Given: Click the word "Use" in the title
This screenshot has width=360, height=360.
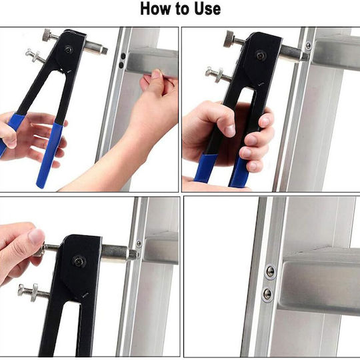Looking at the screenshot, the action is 207,9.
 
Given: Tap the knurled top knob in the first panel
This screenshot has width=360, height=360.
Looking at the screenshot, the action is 48,35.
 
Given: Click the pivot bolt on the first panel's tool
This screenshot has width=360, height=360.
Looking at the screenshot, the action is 69,49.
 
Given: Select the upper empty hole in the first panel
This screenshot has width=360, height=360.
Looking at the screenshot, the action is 123,56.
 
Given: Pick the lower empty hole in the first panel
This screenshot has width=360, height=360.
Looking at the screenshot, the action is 121,65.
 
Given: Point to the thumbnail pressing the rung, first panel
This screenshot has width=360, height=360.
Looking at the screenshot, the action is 157,74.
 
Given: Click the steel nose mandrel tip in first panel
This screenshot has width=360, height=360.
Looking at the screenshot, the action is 105,51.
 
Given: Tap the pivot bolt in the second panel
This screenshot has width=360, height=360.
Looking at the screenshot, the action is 260,55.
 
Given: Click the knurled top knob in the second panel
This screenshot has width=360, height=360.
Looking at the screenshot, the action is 229,39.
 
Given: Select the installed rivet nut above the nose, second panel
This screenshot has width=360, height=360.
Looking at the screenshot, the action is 309,45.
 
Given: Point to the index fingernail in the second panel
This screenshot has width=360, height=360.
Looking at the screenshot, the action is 230,131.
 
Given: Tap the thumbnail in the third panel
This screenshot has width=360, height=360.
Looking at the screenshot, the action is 36,236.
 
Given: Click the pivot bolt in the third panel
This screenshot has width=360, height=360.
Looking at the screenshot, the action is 79,261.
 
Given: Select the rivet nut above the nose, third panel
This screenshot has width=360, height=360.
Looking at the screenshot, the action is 139,243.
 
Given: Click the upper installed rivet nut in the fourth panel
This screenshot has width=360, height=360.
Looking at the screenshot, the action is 270,271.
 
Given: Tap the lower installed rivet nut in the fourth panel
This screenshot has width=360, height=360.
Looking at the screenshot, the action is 267,294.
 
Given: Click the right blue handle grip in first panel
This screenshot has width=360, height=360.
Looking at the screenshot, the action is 49,155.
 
